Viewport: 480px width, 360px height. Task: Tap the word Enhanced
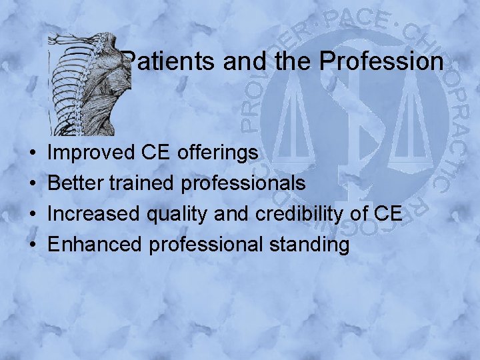pyautogui.click(x=95, y=244)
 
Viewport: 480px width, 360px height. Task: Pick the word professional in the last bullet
pyautogui.click(x=207, y=244)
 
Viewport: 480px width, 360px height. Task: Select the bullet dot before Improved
pyautogui.click(x=33, y=153)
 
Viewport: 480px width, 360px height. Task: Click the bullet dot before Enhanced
pyautogui.click(x=33, y=245)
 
